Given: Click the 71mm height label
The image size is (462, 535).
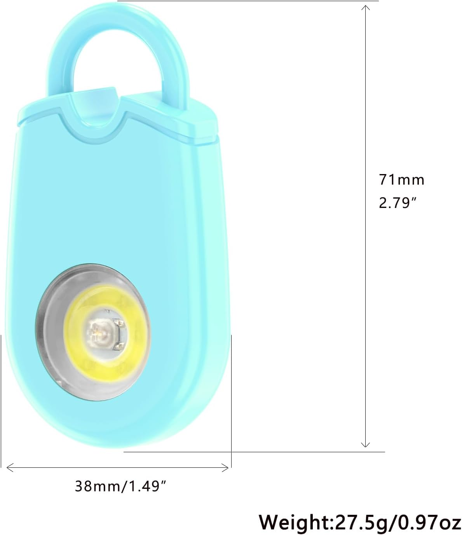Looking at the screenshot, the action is pyautogui.click(x=402, y=179).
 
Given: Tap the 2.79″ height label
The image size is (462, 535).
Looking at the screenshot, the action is pyautogui.click(x=398, y=203).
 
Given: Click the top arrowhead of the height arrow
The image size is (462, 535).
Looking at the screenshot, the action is pyautogui.click(x=365, y=8).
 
